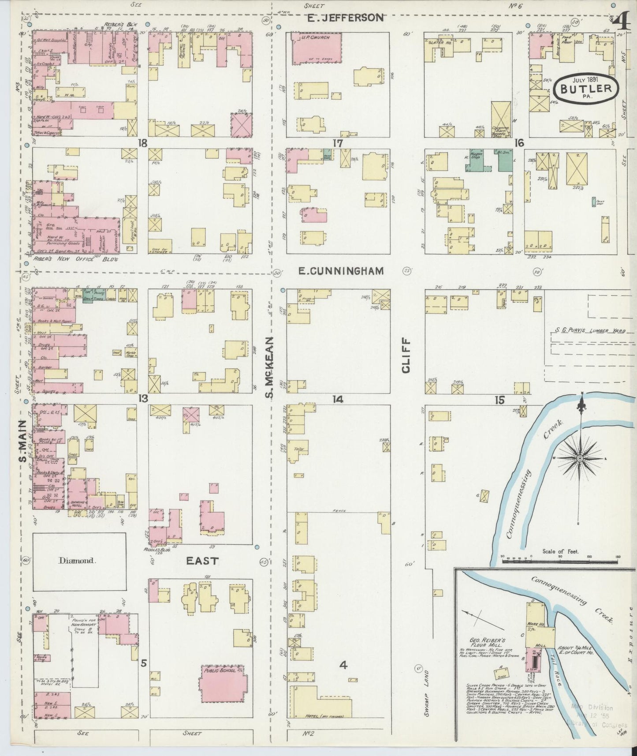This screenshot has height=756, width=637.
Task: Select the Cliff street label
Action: coord(406,356)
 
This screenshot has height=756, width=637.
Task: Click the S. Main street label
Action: coord(22,441)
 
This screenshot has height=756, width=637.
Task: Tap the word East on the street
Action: coord(202,561)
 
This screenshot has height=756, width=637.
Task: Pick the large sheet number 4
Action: coord(620,21)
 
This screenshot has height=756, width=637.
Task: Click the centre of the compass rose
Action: coord(579,459)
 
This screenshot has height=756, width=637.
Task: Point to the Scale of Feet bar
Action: coord(560,562)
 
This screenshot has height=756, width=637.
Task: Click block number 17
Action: coord(338,143)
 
